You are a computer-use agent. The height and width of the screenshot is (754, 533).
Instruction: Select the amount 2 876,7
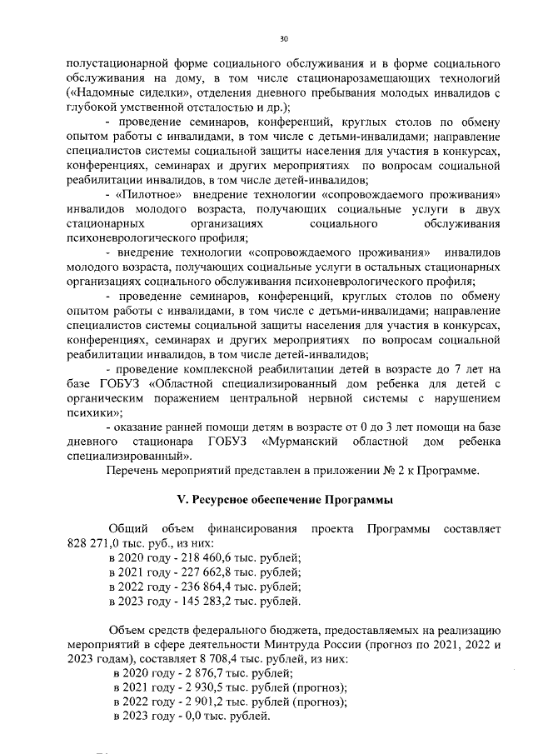click(x=195, y=672)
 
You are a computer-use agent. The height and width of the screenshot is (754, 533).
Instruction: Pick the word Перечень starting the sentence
click(x=134, y=471)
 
